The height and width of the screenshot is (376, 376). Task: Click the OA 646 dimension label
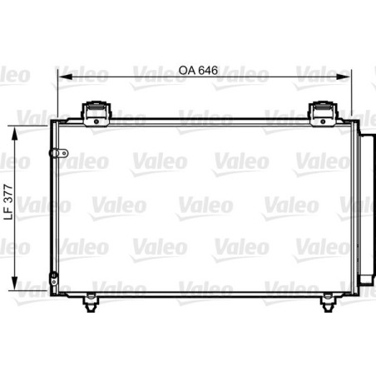click(x=197, y=72)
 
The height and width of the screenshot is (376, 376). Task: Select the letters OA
click(x=185, y=72)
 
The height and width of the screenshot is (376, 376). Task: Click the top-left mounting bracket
click(x=97, y=111)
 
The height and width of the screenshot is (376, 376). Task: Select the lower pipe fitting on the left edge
click(x=53, y=279)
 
